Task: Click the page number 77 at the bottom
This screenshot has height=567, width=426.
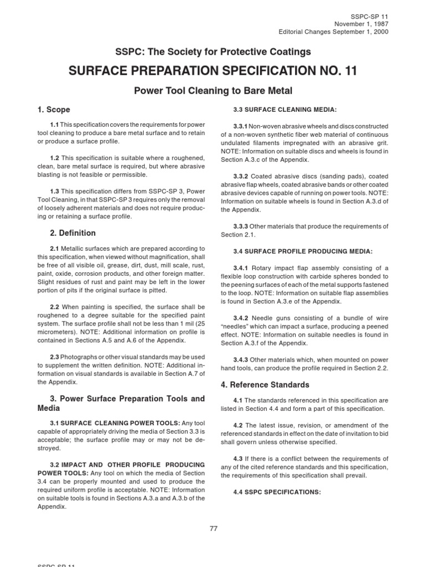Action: point(213,528)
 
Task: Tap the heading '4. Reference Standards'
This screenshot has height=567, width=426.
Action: point(265,384)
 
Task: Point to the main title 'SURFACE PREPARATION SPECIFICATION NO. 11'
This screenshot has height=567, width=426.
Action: point(213,71)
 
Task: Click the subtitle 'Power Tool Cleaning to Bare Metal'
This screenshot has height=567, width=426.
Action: point(213,90)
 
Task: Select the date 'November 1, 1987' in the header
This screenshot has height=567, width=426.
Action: point(361,24)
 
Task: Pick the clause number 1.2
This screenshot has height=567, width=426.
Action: point(54,158)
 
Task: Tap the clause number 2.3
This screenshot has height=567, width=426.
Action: point(54,358)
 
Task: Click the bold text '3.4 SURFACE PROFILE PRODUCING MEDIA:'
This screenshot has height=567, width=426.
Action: point(303,251)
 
